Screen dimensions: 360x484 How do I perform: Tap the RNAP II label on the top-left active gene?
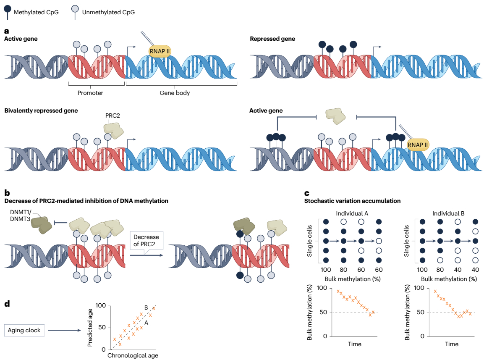[x=160, y=51]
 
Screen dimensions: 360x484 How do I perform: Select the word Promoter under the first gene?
[x=91, y=93]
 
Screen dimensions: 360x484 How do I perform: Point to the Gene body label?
[x=175, y=93]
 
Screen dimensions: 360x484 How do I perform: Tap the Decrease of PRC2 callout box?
[x=145, y=243]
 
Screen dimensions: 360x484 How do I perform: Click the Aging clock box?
[x=24, y=330]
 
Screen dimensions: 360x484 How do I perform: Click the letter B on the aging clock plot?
[x=146, y=307]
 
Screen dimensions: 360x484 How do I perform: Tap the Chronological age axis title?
[x=133, y=355]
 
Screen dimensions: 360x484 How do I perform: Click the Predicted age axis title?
[x=90, y=328]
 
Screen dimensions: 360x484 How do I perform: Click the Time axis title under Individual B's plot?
[x=452, y=344]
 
